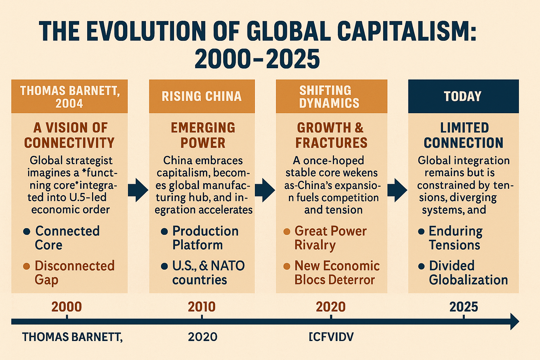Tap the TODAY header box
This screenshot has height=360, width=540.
pyautogui.click(x=463, y=96)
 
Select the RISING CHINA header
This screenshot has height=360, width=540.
pyautogui.click(x=202, y=96)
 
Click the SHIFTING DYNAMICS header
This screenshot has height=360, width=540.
pyautogui.click(x=332, y=96)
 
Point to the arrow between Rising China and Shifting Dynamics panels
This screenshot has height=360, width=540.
pyautogui.click(x=265, y=190)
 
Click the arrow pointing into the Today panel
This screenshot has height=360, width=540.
pyautogui.click(x=397, y=190)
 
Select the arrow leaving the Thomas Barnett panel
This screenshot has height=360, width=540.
pyautogui.click(x=138, y=190)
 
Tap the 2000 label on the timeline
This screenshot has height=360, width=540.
pyautogui.click(x=66, y=307)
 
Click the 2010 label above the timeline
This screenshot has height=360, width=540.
pyautogui.click(x=201, y=307)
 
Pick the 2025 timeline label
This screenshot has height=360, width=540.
pyautogui.click(x=464, y=307)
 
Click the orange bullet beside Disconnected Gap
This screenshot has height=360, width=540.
pyautogui.click(x=26, y=266)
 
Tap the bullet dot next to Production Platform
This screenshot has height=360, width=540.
pyautogui.click(x=165, y=232)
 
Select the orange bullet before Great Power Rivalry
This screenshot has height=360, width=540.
pyautogui.click(x=287, y=232)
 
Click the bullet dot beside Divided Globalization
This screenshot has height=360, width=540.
pyautogui.click(x=422, y=266)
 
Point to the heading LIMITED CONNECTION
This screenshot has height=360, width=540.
pyautogui.click(x=464, y=135)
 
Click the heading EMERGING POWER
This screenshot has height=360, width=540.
pyautogui.click(x=203, y=135)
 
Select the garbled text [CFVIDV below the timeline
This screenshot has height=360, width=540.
pyautogui.click(x=331, y=337)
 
